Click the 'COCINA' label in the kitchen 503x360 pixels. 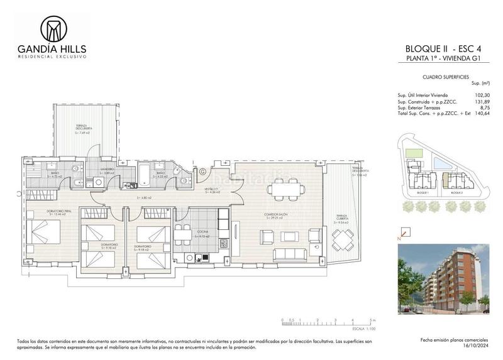click(x=202, y=232)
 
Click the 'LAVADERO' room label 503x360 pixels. click(x=107, y=169)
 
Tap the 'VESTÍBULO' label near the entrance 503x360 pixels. click(x=211, y=189)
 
